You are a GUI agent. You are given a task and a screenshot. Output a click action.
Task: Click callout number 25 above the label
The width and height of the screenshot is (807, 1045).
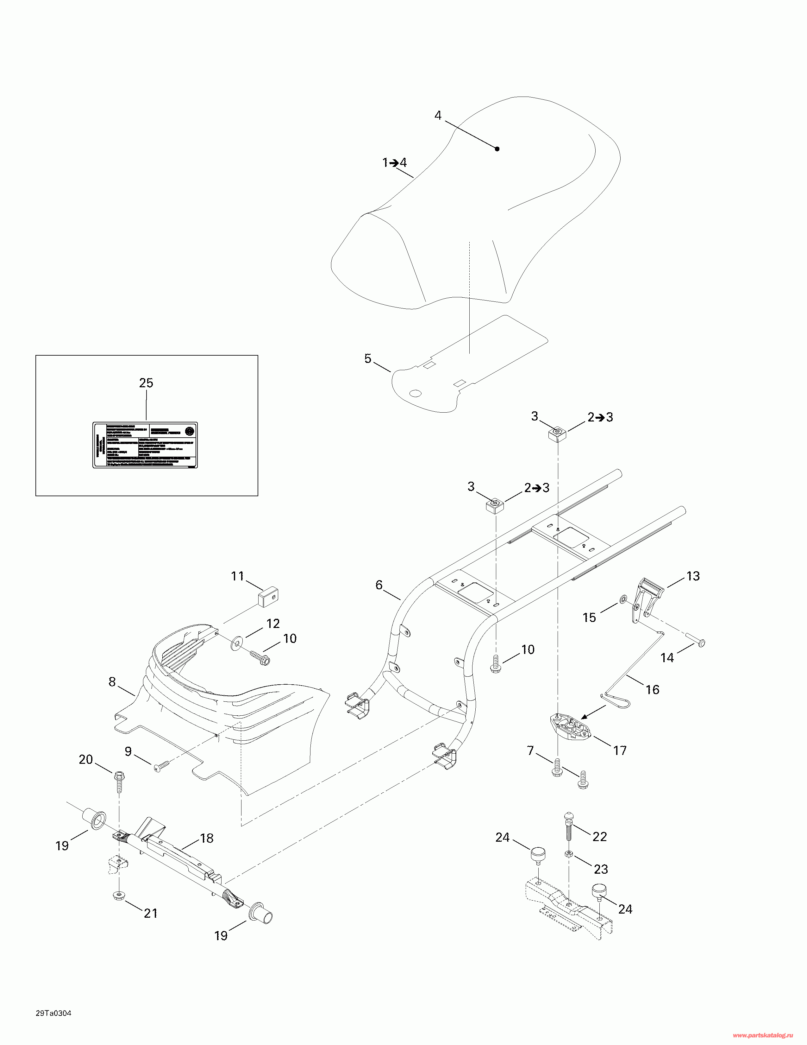click(146, 383)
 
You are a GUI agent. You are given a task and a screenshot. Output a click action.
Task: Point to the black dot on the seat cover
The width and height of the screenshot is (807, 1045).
click(497, 149)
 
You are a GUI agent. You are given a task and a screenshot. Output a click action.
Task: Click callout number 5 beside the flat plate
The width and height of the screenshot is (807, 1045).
click(368, 359)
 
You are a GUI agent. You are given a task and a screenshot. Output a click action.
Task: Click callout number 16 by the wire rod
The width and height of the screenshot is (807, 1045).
click(653, 689)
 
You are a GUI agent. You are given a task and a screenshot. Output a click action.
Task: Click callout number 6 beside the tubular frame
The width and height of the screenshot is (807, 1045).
click(379, 585)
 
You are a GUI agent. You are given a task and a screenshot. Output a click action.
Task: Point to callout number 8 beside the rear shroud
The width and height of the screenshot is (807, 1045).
click(112, 682)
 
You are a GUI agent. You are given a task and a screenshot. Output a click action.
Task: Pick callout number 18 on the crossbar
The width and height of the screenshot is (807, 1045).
click(207, 838)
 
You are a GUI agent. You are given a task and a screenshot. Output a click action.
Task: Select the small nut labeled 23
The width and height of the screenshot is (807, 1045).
click(569, 854)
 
